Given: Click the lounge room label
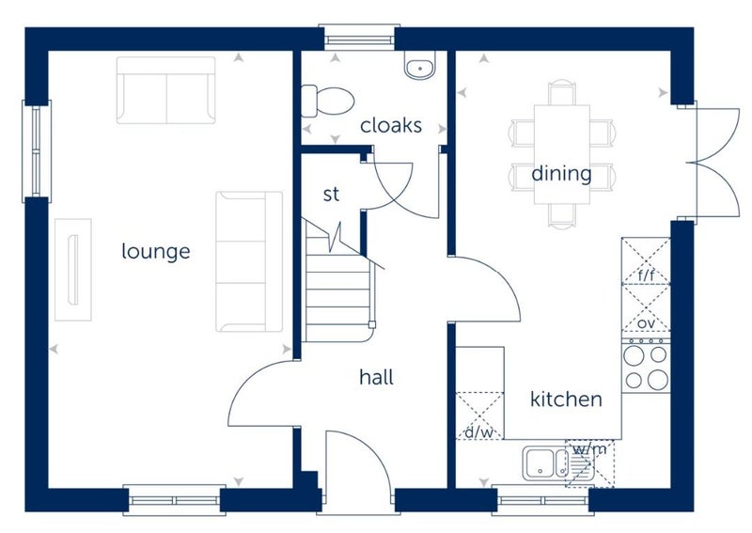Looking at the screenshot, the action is tap(156, 251).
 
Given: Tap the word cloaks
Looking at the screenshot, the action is tap(391, 125).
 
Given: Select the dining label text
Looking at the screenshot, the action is tap(561, 173).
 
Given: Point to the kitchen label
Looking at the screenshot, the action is tap(566, 399).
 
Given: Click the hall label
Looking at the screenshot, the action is tap(377, 377).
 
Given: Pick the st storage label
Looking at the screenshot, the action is tap(331, 195).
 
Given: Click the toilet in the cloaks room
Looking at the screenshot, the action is tap(327, 101).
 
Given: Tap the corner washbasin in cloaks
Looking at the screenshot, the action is tap(420, 65).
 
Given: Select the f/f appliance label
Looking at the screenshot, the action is tap(646, 275).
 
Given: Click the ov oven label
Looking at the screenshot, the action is tap(646, 323).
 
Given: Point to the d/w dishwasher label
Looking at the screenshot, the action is tap(479, 432).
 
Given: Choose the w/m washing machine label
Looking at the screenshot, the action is tap(589, 449).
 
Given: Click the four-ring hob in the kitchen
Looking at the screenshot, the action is tap(646, 366).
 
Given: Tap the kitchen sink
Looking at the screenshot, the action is tap(557, 463).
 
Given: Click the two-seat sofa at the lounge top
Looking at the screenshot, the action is tap(166, 90).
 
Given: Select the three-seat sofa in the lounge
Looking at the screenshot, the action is tap(249, 261).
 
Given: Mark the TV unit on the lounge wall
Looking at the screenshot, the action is tap(73, 270).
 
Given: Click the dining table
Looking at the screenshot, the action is tap(561, 154).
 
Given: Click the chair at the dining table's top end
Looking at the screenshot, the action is tap(561, 93).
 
